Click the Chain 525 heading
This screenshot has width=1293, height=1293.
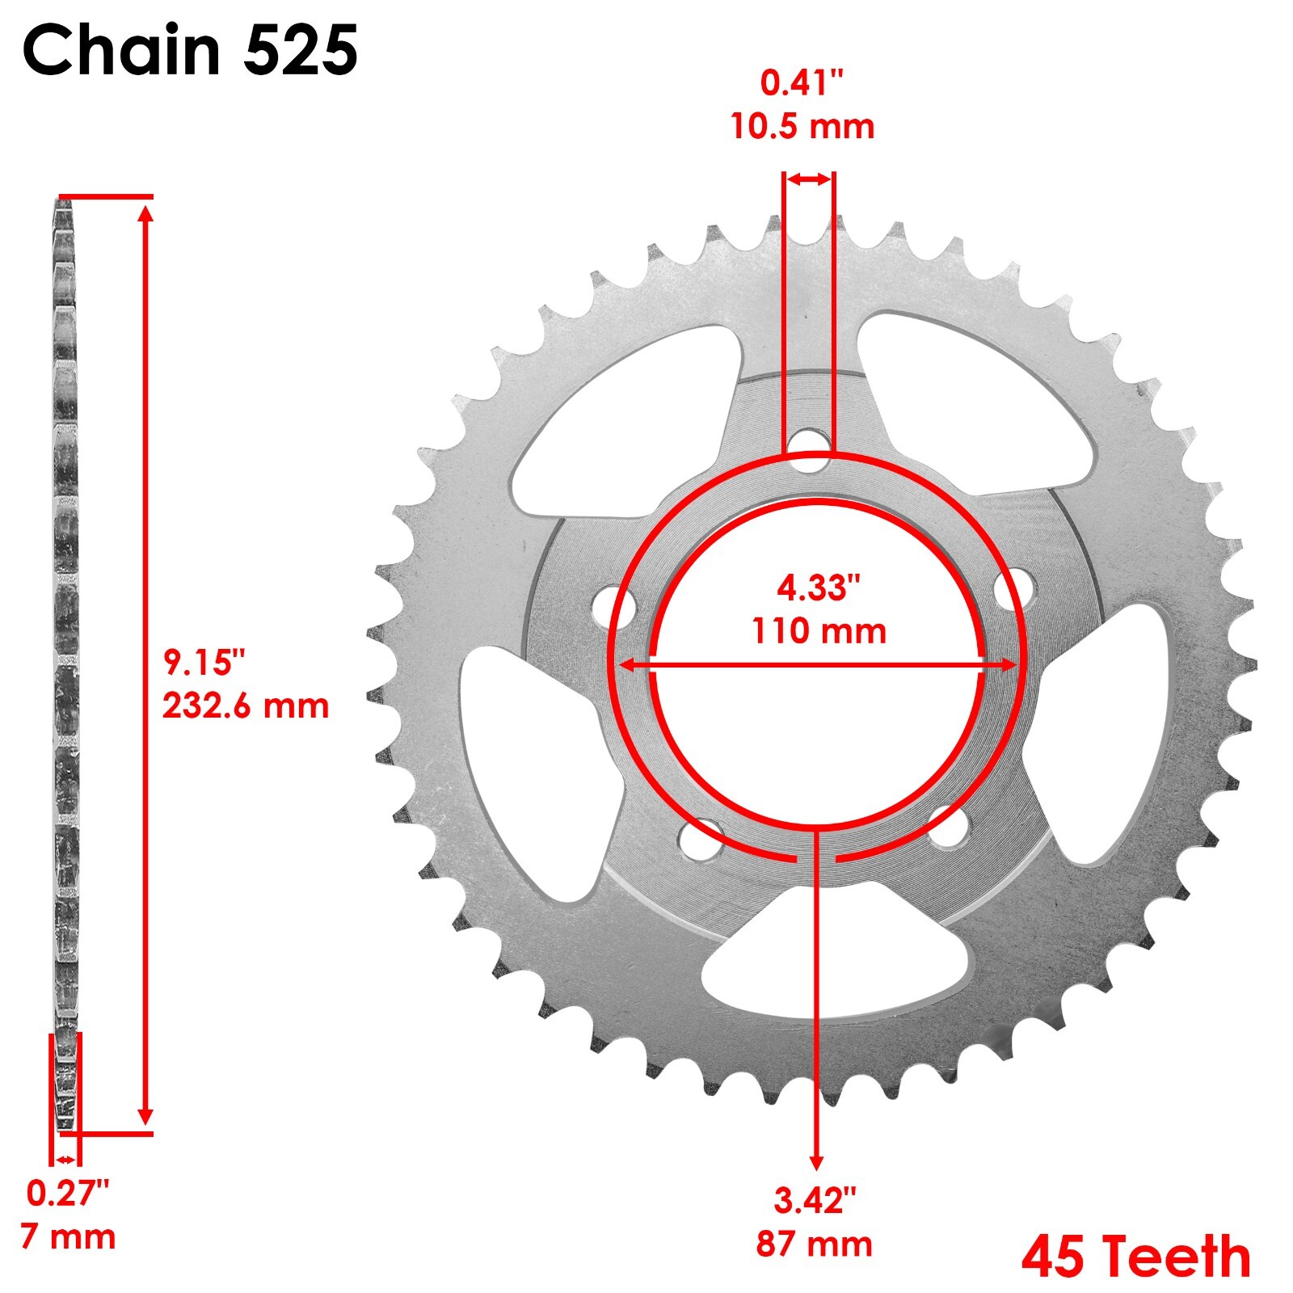[x=190, y=50]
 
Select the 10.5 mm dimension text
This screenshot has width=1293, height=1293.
[x=802, y=127]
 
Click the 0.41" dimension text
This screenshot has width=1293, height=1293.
[x=802, y=83]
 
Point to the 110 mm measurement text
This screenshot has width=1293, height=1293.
[x=819, y=630]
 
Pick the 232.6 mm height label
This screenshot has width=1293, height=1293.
[x=246, y=705]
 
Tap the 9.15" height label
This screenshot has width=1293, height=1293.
[x=204, y=663]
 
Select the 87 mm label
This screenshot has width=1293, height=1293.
[x=815, y=1244]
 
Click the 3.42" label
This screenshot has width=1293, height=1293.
[x=815, y=1201]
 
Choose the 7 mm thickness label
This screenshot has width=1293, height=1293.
[x=68, y=1236]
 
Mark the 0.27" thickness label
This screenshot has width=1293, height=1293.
[x=68, y=1194]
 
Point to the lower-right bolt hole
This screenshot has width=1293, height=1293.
[x=947, y=828]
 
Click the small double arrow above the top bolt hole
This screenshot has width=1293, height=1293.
[x=809, y=179]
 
